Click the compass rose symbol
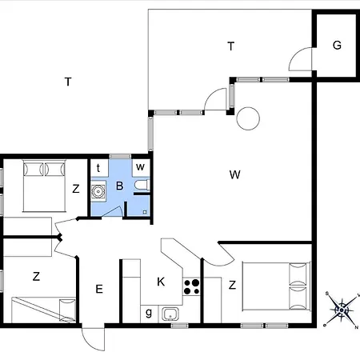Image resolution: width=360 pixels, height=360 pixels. pyautogui.click(x=342, y=310)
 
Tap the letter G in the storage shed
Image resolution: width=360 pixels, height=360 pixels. pyautogui.click(x=337, y=45)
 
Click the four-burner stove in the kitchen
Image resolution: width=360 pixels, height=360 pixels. pyautogui.click(x=191, y=286)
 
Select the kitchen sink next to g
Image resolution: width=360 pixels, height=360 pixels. pyautogui.click(x=170, y=314)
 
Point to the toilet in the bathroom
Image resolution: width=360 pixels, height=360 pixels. pyautogui.click(x=142, y=185)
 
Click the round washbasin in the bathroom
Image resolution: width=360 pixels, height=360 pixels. pyautogui.click(x=98, y=191)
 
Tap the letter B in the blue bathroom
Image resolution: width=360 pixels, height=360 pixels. pyautogui.click(x=120, y=186)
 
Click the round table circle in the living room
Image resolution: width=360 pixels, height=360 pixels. pyautogui.click(x=248, y=118)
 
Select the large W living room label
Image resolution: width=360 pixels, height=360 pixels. pyautogui.click(x=234, y=174)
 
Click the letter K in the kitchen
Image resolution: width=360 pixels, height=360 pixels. pyautogui.click(x=161, y=282)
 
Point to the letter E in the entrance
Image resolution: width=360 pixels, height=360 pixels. pyautogui.click(x=99, y=289)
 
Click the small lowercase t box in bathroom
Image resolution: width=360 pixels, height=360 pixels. pyautogui.click(x=99, y=168)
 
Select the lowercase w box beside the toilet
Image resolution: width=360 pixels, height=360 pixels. pyautogui.click(x=141, y=167)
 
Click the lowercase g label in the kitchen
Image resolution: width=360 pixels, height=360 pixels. pyautogui.click(x=149, y=313)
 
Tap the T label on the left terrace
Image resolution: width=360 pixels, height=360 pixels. pyautogui.click(x=68, y=82)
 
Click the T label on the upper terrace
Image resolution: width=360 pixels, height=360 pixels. pyautogui.click(x=231, y=46)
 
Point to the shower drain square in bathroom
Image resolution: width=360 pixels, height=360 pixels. pyautogui.click(x=145, y=212)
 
